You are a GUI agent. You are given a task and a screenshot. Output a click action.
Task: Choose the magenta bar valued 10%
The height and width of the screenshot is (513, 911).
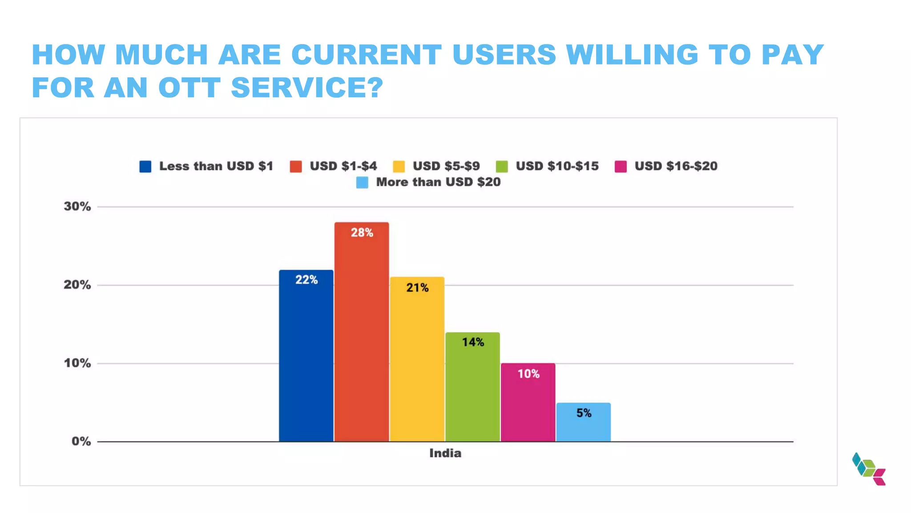[x=528, y=405]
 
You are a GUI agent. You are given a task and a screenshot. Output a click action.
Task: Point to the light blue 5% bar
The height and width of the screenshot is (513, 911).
[x=583, y=425]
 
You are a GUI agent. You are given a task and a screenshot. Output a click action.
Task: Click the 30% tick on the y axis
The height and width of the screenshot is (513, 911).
[x=77, y=207]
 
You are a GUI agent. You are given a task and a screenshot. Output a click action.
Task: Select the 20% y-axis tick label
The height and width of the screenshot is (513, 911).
[x=77, y=285]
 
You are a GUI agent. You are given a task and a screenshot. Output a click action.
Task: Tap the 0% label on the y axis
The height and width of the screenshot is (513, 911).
[x=81, y=441]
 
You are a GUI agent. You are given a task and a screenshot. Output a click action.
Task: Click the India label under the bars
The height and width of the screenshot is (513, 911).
[x=445, y=453]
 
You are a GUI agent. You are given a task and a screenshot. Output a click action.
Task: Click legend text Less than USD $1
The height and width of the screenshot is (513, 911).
[x=216, y=166]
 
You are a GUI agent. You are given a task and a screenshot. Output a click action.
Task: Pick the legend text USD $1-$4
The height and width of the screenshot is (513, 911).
[x=343, y=166]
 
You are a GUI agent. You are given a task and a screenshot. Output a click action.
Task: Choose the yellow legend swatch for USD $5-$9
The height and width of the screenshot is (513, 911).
[x=399, y=167]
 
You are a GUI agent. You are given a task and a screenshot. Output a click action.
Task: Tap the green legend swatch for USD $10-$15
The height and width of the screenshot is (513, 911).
[x=502, y=167]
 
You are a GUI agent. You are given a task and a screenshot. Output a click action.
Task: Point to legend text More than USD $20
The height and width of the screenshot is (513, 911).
[x=438, y=182]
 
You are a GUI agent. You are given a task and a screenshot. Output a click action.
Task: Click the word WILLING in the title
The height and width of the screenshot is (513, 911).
[x=632, y=55]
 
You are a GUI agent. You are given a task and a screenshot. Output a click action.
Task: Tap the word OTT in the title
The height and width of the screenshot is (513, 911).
[x=189, y=87]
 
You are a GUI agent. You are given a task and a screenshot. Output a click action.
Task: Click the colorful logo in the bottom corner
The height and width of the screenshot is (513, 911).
[x=869, y=469]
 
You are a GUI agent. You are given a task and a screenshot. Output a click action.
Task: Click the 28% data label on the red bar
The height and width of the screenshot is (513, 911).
[x=362, y=232]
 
